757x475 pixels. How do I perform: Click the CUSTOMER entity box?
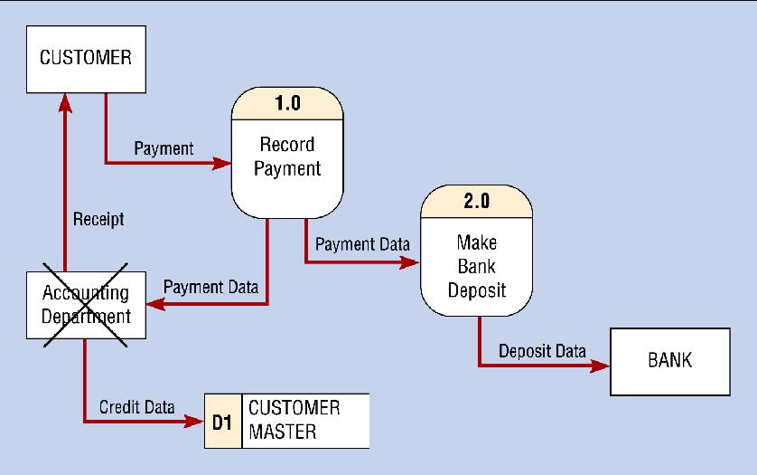click(86, 59)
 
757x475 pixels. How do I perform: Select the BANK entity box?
click(670, 362)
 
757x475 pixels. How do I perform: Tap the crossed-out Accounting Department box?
click(86, 305)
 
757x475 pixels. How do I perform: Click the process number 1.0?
click(288, 103)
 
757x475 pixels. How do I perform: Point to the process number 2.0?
click(477, 201)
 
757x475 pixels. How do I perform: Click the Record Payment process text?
click(287, 157)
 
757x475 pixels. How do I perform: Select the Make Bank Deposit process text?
click(477, 266)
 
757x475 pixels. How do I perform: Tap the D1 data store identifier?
click(222, 422)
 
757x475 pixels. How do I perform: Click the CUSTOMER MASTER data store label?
click(294, 420)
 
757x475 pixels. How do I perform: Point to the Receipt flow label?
click(98, 219)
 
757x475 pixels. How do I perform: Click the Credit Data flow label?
click(137, 407)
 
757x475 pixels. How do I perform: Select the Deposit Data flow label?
click(542, 351)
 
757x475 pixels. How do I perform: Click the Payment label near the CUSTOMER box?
click(164, 148)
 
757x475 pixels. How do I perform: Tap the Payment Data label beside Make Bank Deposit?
click(362, 244)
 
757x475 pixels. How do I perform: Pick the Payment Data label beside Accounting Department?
click(211, 287)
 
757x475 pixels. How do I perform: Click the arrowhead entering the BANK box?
click(600, 366)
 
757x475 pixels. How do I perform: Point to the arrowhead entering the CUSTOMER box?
click(65, 103)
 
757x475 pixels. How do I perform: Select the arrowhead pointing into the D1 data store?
click(194, 422)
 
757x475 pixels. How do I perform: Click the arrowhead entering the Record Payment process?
click(221, 163)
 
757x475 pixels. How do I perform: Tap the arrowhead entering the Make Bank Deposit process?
click(410, 262)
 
